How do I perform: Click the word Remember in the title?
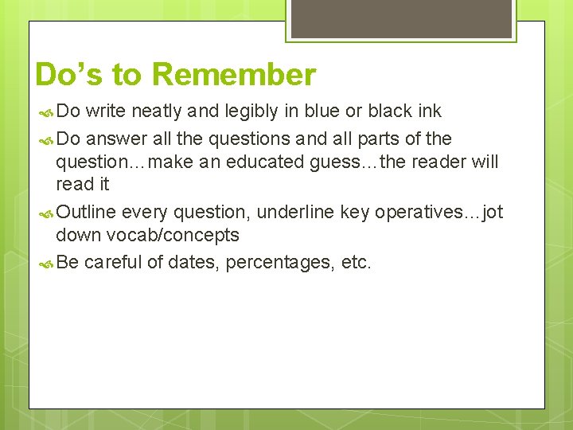(x=233, y=75)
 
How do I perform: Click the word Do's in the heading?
(x=69, y=75)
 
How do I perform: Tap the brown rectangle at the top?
(x=401, y=18)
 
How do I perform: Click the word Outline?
(x=86, y=212)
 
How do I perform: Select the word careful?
(x=114, y=262)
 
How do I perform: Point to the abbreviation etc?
(x=355, y=262)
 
